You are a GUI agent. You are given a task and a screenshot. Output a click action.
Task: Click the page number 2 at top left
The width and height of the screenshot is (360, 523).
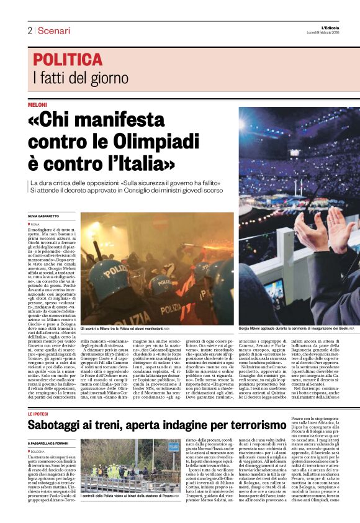30,30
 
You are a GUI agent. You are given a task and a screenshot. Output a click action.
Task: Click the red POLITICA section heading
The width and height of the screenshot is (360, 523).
68,60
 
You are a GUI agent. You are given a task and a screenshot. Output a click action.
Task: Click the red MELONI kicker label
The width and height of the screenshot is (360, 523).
37,106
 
